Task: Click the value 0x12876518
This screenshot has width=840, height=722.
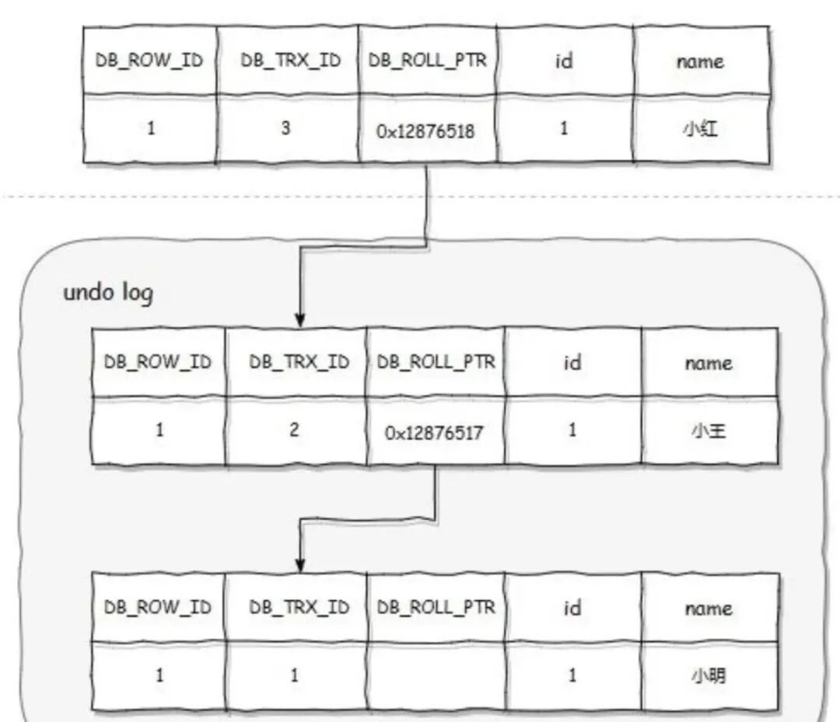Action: point(426,131)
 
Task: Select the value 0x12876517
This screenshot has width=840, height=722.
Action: point(434,432)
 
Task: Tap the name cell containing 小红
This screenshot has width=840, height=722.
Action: point(700,129)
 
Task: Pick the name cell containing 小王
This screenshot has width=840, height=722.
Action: point(708,431)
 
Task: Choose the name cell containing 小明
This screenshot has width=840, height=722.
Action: point(708,675)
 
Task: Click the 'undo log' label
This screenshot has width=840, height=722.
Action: point(108,293)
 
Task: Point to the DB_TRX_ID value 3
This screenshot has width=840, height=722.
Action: point(286,128)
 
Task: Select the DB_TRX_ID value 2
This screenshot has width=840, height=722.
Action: point(294,430)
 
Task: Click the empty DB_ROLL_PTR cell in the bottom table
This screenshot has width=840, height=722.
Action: point(436,675)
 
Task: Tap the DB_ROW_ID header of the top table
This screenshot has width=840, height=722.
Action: point(150,61)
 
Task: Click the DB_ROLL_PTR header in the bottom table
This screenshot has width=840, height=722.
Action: point(436,607)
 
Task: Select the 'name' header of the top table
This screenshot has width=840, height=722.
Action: point(700,61)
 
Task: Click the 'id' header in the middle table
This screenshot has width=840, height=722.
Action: point(572,362)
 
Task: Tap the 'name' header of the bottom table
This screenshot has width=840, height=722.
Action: point(708,608)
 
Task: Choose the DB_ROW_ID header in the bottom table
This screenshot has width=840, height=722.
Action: point(158,607)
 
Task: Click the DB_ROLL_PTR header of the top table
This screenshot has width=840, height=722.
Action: point(427,61)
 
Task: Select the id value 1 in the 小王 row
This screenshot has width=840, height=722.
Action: point(572,430)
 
